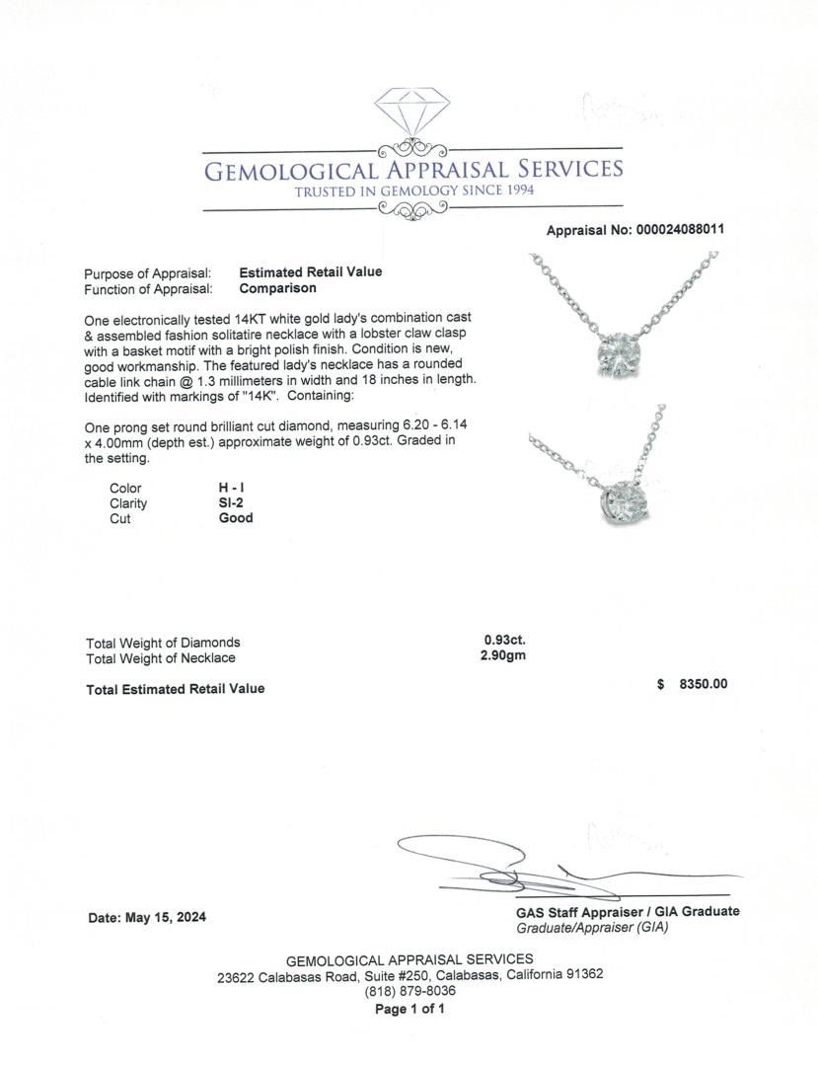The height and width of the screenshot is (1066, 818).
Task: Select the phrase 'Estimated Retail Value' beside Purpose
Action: point(311,272)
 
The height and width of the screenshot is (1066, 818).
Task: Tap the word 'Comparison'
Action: point(277,288)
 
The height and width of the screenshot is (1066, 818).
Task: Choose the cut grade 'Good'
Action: point(236,517)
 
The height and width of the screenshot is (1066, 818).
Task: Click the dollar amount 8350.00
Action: point(703,684)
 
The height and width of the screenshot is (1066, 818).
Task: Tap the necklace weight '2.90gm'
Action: point(503,656)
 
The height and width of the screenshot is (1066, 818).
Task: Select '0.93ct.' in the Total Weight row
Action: point(504,641)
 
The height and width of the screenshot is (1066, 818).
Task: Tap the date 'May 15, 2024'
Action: point(166,917)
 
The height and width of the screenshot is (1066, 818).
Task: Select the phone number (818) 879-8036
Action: point(409,991)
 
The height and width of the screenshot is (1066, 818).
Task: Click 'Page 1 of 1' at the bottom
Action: point(409,1009)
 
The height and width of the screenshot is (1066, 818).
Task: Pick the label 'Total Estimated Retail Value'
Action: point(176,689)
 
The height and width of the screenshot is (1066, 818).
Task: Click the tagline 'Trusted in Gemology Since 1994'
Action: point(414,190)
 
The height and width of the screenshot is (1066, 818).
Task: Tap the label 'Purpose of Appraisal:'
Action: point(148,273)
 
